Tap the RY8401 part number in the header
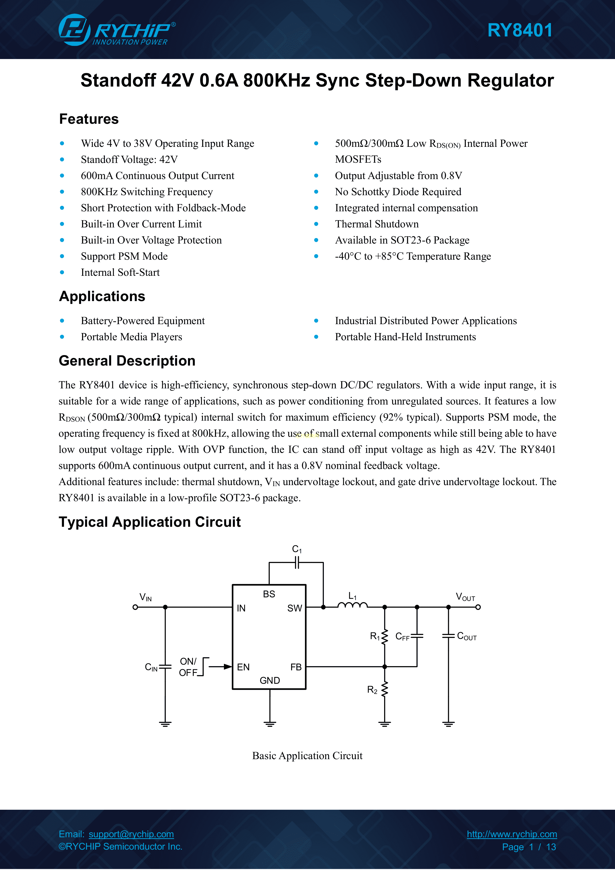coord(520,30)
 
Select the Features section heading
coord(89,119)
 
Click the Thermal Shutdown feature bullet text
coord(377,224)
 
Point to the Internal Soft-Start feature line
coord(120,273)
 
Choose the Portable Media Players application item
coord(131,337)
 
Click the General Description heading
coord(127,361)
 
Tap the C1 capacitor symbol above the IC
coord(297,563)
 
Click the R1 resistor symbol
coord(385,637)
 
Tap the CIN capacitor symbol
coord(165,667)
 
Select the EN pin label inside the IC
coord(243,667)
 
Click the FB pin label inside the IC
coord(296,667)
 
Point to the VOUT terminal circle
coord(478,607)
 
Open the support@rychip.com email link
coord(131,834)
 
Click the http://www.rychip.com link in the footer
coord(512,834)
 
